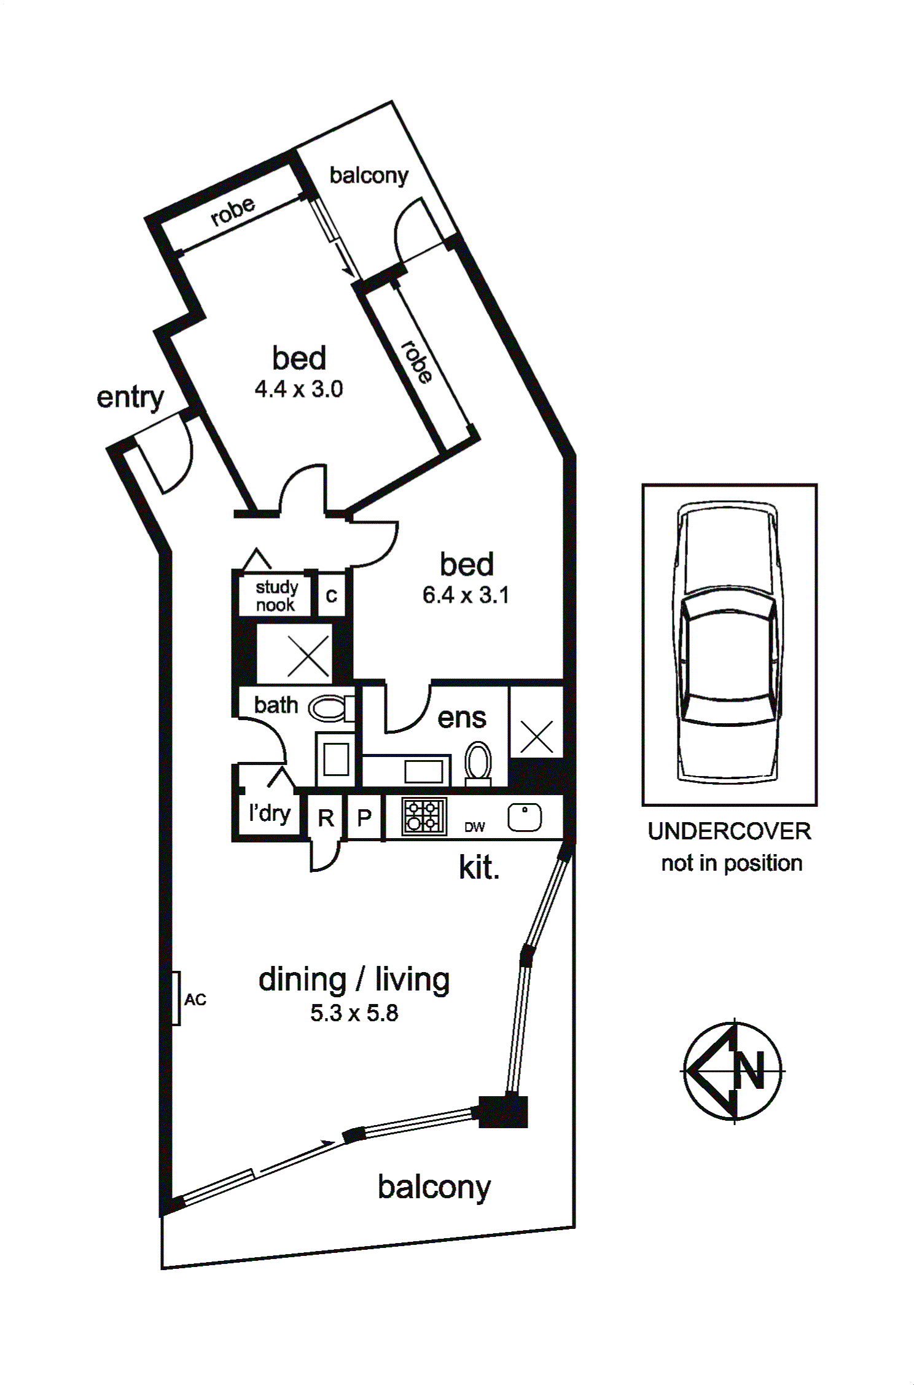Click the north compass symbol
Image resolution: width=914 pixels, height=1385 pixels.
tap(732, 1071)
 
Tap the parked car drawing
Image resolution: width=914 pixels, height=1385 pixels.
tap(729, 643)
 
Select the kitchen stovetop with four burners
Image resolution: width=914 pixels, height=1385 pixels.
tap(423, 816)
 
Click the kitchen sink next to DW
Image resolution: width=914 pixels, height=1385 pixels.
tap(525, 817)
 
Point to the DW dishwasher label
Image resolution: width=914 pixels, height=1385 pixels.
tap(475, 827)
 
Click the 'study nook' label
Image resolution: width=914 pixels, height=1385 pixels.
tap(276, 596)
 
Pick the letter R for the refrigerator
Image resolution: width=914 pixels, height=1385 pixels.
tap(326, 818)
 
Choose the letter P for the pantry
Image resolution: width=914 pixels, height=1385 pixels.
tap(364, 818)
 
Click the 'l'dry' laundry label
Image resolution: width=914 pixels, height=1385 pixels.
tap(270, 813)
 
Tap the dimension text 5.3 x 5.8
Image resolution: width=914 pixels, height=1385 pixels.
tap(354, 1013)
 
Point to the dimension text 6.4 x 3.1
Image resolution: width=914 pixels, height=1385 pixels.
tap(466, 595)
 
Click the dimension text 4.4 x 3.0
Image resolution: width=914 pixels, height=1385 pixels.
tap(299, 389)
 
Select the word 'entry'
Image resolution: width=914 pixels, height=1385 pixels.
tap(130, 398)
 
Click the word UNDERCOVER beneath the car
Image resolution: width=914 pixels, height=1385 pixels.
tap(729, 831)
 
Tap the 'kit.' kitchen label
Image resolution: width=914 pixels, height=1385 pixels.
tap(479, 868)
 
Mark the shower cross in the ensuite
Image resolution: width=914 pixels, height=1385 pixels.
tap(536, 736)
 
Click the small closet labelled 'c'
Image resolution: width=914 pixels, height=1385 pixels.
tap(332, 595)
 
